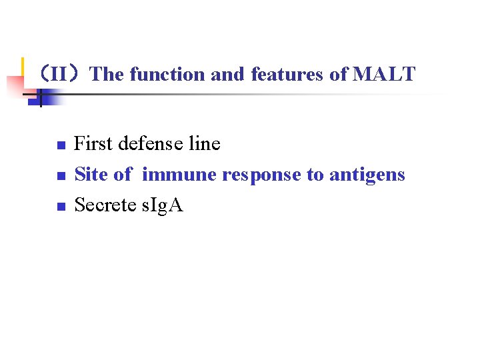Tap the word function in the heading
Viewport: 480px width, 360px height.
pos(167,74)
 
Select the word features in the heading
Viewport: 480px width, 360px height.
pos(288,74)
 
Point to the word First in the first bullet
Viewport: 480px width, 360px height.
pos(93,143)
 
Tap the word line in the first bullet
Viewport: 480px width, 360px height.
pos(205,143)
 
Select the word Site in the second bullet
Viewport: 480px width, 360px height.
pos(91,175)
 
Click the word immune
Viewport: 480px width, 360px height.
pos(179,175)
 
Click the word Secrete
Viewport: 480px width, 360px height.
pos(107,205)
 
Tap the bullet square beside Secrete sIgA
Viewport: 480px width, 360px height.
pos(60,207)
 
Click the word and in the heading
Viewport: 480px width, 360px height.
pos(228,74)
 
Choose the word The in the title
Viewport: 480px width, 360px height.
pos(107,74)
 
